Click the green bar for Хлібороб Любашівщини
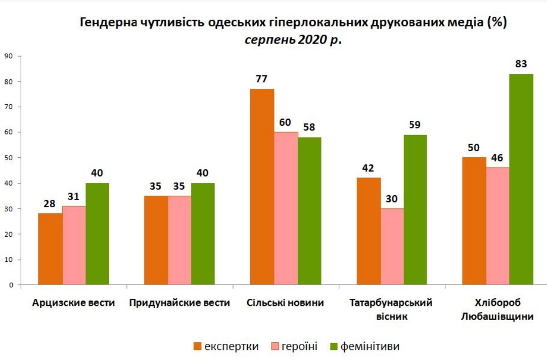pos(521,179)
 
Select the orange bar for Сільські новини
pos(262,187)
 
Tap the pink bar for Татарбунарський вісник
pos(392,247)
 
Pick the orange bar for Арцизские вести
pos(51,249)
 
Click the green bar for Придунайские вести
pos(203,234)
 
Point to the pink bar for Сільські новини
pos(286,208)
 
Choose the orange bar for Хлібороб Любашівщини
pos(474,221)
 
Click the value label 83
pos(521,64)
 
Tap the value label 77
pos(262,79)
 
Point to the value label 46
pos(497,158)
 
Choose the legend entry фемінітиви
pos(370,346)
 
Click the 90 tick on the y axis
pos(8,56)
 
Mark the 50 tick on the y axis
pos(8,158)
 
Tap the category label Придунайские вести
pos(179,303)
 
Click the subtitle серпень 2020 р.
pos(293,40)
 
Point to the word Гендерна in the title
pos(104,23)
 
